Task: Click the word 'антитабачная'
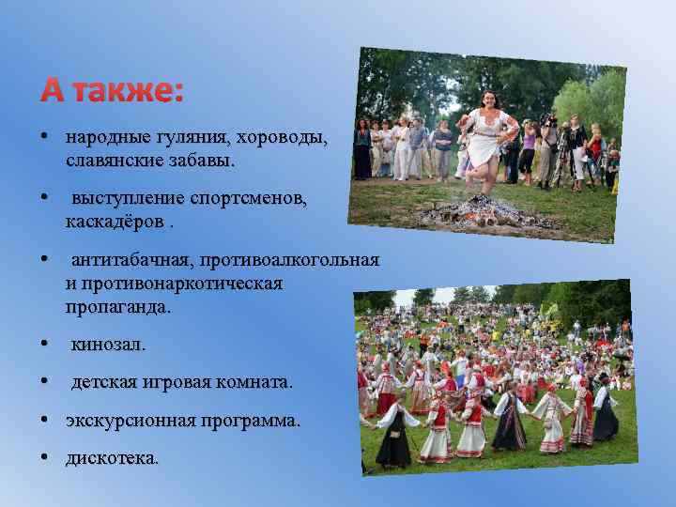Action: [x=127, y=260]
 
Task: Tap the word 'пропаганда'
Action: [x=117, y=306]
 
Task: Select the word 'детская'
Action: [x=103, y=383]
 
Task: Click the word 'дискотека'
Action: [x=112, y=459]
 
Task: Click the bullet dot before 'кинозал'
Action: [x=45, y=345]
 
